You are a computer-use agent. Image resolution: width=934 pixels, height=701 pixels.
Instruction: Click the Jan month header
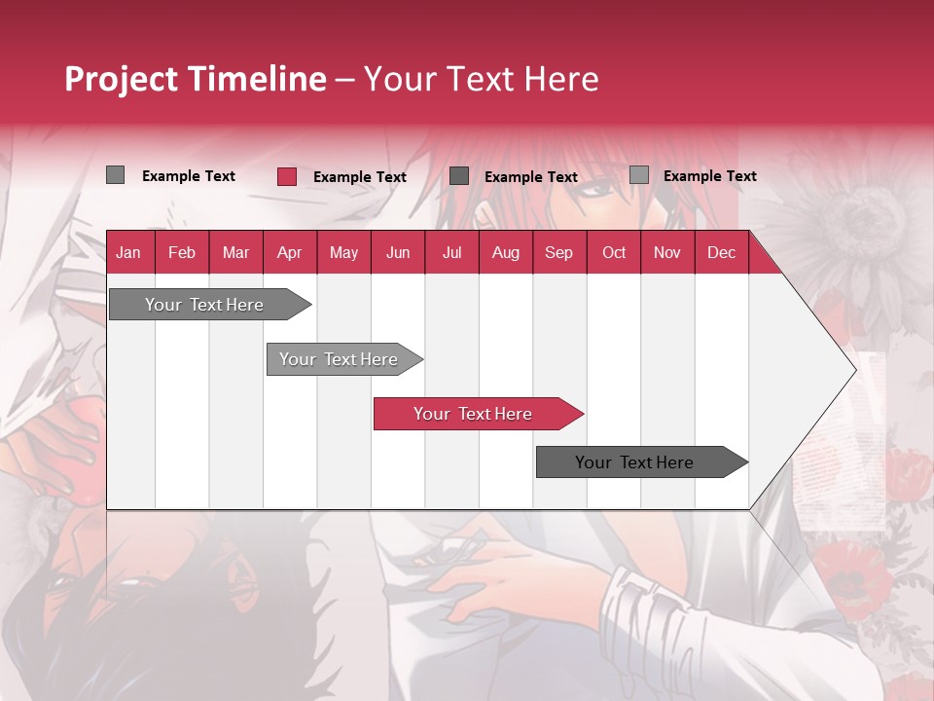click(x=128, y=253)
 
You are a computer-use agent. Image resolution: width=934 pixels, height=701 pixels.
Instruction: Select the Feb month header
click(x=182, y=253)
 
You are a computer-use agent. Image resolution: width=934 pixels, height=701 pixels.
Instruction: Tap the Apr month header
click(x=289, y=253)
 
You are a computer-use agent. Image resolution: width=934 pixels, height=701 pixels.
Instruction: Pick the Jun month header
click(x=398, y=253)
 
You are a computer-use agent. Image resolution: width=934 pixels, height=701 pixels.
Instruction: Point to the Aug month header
click(x=505, y=253)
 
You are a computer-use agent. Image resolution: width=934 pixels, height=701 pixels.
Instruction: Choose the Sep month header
click(x=558, y=253)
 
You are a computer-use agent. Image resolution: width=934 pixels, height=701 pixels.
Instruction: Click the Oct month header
click(x=614, y=253)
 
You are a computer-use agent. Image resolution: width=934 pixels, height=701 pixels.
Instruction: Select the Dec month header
click(x=721, y=253)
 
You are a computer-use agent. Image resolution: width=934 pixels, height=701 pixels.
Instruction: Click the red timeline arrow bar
click(x=477, y=414)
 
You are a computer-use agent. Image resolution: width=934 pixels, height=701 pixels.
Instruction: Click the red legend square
click(x=286, y=176)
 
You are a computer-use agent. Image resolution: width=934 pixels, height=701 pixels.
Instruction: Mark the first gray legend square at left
click(x=115, y=175)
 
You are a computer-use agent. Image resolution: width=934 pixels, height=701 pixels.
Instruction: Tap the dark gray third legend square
click(x=459, y=175)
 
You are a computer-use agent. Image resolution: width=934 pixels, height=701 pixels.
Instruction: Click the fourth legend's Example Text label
click(x=709, y=176)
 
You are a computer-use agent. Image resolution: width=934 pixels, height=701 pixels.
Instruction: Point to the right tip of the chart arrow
click(x=854, y=370)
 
